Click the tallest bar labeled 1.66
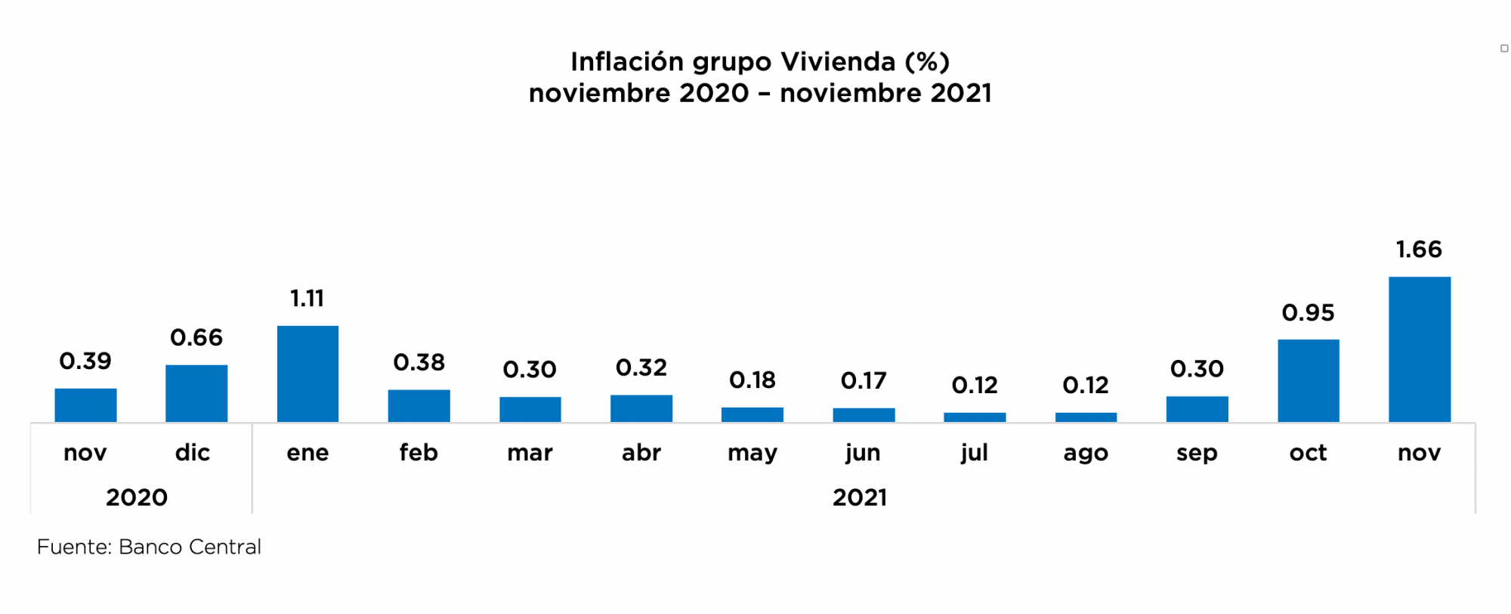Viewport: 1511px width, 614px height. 1419,349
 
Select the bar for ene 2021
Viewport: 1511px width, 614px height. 307,374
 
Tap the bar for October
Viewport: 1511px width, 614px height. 1308,380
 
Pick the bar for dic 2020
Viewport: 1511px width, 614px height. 196,393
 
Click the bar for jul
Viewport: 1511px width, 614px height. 975,417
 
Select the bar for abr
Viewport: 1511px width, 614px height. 641,408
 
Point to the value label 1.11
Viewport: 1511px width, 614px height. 307,299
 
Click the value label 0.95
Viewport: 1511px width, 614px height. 1308,313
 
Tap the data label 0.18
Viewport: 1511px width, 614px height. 752,380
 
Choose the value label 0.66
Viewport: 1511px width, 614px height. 196,337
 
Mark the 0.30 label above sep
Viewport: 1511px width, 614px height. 1197,369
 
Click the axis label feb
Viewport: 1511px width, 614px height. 419,453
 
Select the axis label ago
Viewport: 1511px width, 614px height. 1086,453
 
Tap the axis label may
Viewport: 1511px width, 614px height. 752,454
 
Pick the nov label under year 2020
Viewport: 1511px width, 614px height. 85,453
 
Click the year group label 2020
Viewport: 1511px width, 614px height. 137,498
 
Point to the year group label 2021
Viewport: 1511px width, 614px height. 860,498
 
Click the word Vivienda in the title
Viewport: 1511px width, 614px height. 838,61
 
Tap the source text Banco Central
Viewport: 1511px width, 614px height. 190,547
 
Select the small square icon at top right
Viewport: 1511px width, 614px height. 1504,48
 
